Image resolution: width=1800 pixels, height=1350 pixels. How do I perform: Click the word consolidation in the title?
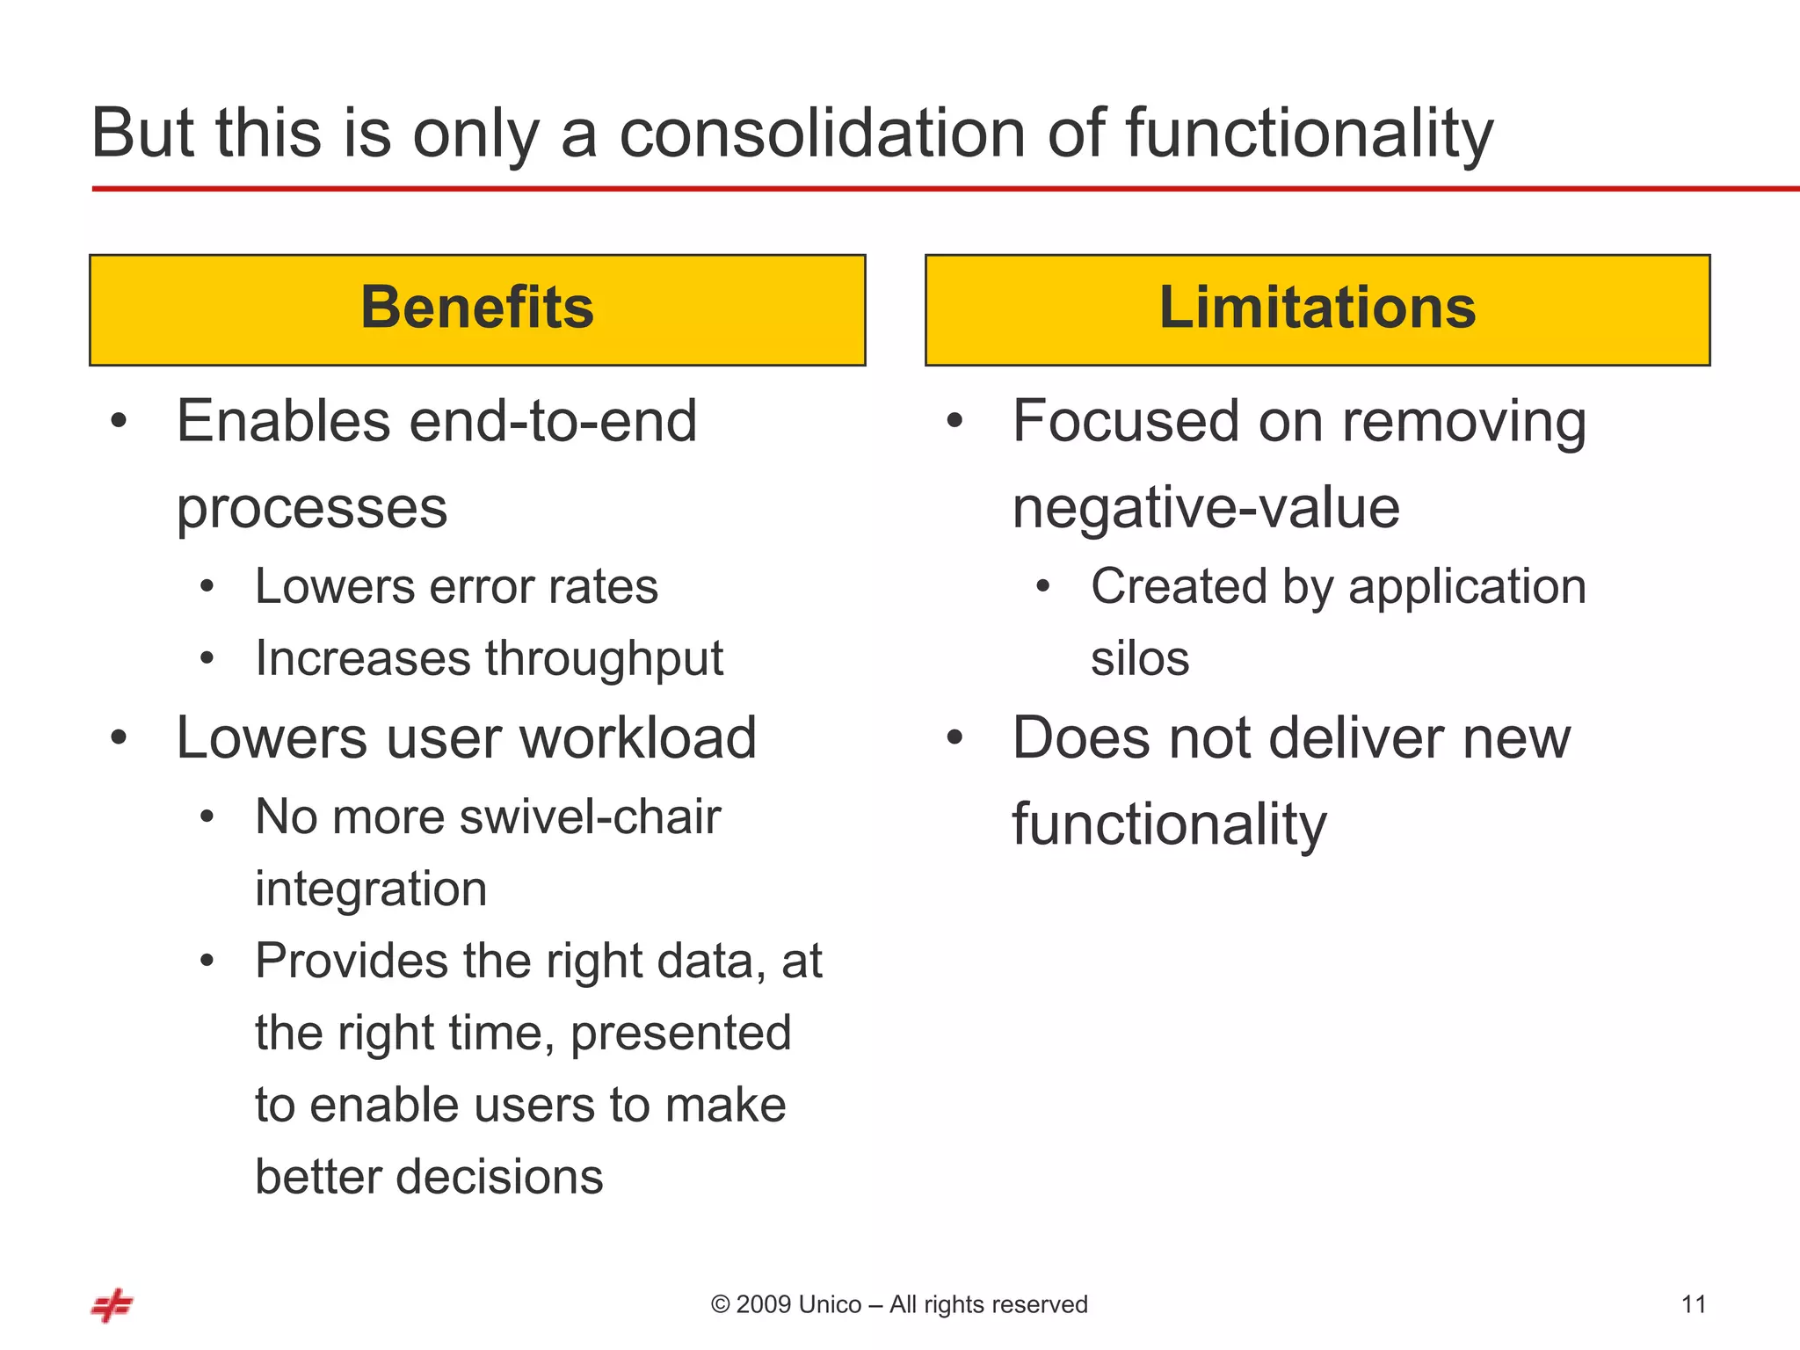(822, 134)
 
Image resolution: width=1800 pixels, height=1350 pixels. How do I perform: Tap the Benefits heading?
(477, 308)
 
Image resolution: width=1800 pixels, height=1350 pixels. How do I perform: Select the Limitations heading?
(1317, 308)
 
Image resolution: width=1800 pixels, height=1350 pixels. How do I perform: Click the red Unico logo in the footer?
(112, 1305)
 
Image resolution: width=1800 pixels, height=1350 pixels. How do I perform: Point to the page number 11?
(1693, 1304)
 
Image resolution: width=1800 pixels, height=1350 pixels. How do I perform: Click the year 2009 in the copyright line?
(762, 1304)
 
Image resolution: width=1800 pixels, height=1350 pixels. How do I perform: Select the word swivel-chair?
(590, 817)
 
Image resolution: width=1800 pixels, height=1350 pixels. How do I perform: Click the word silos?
(1139, 659)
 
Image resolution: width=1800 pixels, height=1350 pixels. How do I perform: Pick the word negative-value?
(1205, 508)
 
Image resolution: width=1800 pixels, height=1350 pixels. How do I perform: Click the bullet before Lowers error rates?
(207, 587)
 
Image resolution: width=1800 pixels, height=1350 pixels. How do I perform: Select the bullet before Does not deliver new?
(955, 738)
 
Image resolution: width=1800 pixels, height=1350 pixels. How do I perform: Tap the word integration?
(371, 889)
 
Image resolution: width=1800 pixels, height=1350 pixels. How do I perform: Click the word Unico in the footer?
(830, 1304)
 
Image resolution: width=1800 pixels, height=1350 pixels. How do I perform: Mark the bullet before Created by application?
(1042, 587)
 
